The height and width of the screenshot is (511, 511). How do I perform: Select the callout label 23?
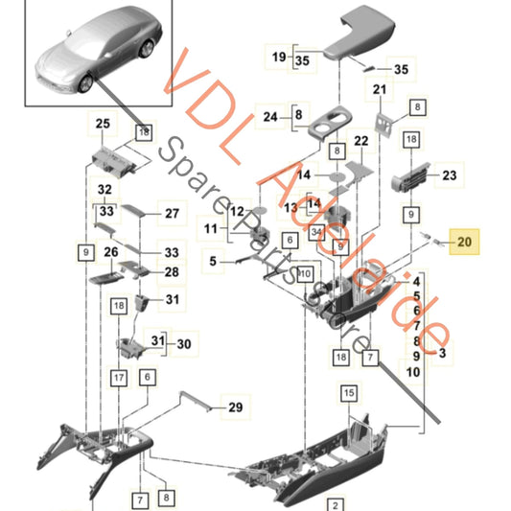(449, 175)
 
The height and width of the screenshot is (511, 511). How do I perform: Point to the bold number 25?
(103, 123)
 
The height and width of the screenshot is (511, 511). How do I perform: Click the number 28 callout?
(171, 272)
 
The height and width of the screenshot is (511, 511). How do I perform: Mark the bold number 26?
(111, 253)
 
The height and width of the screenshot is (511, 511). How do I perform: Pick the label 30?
(183, 344)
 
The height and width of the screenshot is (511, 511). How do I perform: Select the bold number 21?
(379, 90)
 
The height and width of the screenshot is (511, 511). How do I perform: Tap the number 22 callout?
(361, 141)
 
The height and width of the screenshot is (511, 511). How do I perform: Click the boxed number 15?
(348, 392)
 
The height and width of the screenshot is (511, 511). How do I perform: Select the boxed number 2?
(337, 503)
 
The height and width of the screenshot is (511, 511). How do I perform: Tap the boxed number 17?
(118, 378)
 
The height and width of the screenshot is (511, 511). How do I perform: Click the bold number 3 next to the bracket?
(441, 354)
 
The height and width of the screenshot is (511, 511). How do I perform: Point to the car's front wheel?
(85, 84)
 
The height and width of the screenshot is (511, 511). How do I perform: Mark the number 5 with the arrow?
(213, 260)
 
